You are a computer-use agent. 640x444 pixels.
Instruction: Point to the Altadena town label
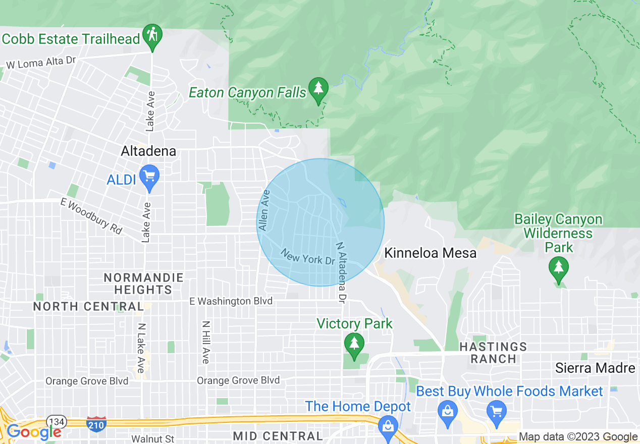point(148,151)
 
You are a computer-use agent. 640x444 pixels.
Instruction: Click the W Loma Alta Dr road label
point(40,62)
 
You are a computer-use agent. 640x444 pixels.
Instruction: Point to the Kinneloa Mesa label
point(430,253)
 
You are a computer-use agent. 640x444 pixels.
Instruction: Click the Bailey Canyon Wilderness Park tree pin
point(558,268)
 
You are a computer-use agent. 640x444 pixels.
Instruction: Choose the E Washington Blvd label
point(231,301)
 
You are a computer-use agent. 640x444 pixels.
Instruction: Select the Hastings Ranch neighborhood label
point(494,353)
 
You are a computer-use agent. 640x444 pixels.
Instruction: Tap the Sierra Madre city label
point(595,368)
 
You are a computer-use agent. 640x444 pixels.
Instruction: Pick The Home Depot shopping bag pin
point(388,425)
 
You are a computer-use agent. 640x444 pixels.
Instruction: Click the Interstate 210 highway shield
point(96,424)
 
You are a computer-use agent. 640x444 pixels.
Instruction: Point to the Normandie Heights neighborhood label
point(143,284)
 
